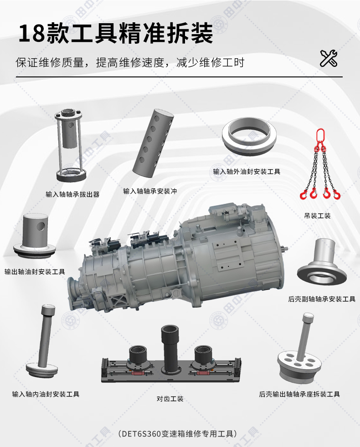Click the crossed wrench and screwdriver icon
click(328, 58)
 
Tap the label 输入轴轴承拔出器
click(72, 194)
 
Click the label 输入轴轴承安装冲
click(150, 191)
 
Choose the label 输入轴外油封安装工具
click(247, 172)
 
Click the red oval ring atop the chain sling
click(320, 136)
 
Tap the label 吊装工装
click(317, 216)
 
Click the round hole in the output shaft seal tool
click(40, 227)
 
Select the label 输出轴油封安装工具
click(35, 272)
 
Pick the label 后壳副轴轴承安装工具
click(322, 299)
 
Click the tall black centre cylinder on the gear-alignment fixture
click(170, 350)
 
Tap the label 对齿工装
click(170, 399)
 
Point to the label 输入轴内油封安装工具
click(46, 394)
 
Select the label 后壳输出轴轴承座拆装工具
click(299, 394)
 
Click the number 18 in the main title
click(32, 33)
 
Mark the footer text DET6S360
click(141, 434)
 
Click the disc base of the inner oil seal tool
click(42, 370)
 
